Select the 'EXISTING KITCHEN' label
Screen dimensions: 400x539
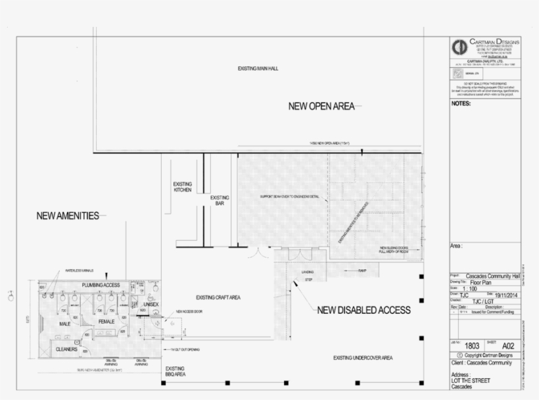pyautogui.click(x=183, y=187)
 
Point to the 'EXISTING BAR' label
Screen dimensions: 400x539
pyautogui.click(x=220, y=201)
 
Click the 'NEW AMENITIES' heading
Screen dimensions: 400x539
pyautogui.click(x=68, y=215)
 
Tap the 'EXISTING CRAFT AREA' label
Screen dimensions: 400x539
pyautogui.click(x=218, y=297)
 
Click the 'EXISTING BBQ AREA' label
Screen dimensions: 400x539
pyautogui.click(x=175, y=372)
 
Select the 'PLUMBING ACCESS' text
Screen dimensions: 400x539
pyautogui.click(x=101, y=285)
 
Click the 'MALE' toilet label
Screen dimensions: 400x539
pyautogui.click(x=64, y=324)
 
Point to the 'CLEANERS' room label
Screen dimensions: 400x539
pyautogui.click(x=67, y=349)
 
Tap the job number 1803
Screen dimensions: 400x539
pyautogui.click(x=471, y=345)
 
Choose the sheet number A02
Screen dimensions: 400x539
pyautogui.click(x=507, y=345)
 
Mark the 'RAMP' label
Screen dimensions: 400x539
pyautogui.click(x=362, y=271)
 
